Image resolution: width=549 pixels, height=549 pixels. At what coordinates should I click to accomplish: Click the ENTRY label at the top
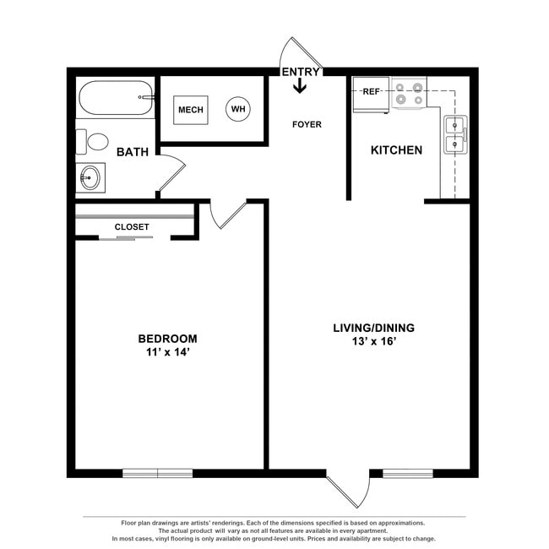pos(301,72)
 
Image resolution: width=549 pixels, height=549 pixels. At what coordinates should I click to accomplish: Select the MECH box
pos(191,111)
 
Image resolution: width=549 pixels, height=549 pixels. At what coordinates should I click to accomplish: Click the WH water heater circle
pos(237,110)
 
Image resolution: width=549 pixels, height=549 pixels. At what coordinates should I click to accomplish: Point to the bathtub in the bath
pos(116,99)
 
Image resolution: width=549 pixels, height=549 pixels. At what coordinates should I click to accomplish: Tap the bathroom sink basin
pos(90,178)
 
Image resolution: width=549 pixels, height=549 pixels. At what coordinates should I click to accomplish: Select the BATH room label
pos(133,153)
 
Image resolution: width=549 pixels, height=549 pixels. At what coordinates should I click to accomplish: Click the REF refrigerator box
pos(371,93)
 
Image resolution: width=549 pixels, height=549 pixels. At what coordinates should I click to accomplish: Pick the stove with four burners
pos(409,93)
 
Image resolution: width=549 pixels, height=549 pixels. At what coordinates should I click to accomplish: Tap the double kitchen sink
pos(454,135)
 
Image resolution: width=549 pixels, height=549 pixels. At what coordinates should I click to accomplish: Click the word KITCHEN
pos(397,150)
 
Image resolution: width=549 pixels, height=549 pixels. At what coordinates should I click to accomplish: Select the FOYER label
pos(307,125)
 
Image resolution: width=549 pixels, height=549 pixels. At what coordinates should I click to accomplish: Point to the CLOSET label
pos(132,227)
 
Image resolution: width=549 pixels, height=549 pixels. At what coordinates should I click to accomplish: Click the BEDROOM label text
pos(167,339)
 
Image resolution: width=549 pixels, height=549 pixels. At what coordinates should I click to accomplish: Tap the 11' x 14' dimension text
pos(167,353)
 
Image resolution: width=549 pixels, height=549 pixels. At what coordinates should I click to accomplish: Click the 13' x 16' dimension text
pos(373,342)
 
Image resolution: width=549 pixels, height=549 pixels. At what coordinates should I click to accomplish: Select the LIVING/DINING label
pos(373,328)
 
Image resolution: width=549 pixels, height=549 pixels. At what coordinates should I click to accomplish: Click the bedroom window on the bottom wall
pos(158,473)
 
